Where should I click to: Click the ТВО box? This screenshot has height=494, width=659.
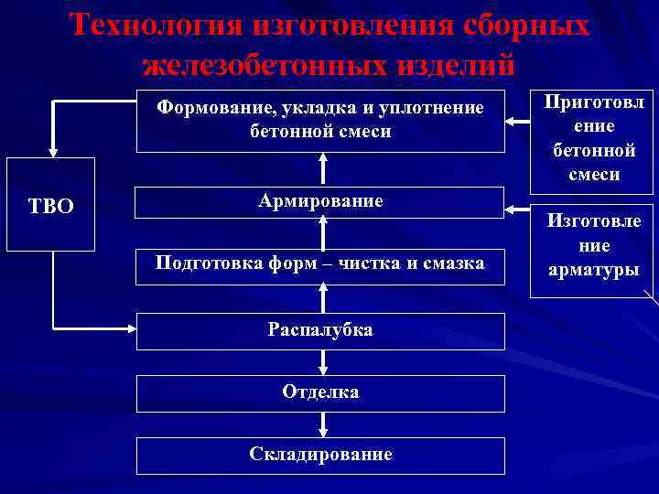click(51, 205)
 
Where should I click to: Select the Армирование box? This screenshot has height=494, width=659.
click(320, 201)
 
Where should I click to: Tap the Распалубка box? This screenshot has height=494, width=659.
click(320, 330)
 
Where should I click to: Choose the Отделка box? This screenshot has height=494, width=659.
click(320, 392)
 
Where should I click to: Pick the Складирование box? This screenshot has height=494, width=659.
click(320, 455)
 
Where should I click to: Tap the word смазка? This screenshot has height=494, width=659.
click(449, 263)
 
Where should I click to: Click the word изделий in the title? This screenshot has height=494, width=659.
click(458, 64)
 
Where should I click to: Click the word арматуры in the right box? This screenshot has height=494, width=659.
click(594, 269)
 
